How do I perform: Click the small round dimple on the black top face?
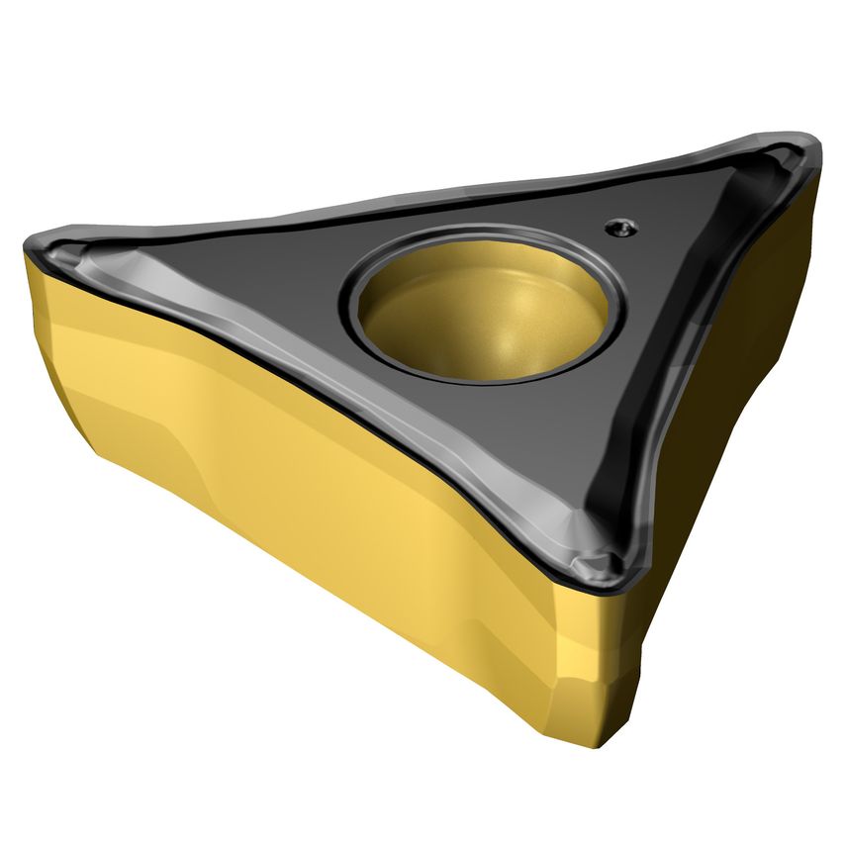tap(619, 227)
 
